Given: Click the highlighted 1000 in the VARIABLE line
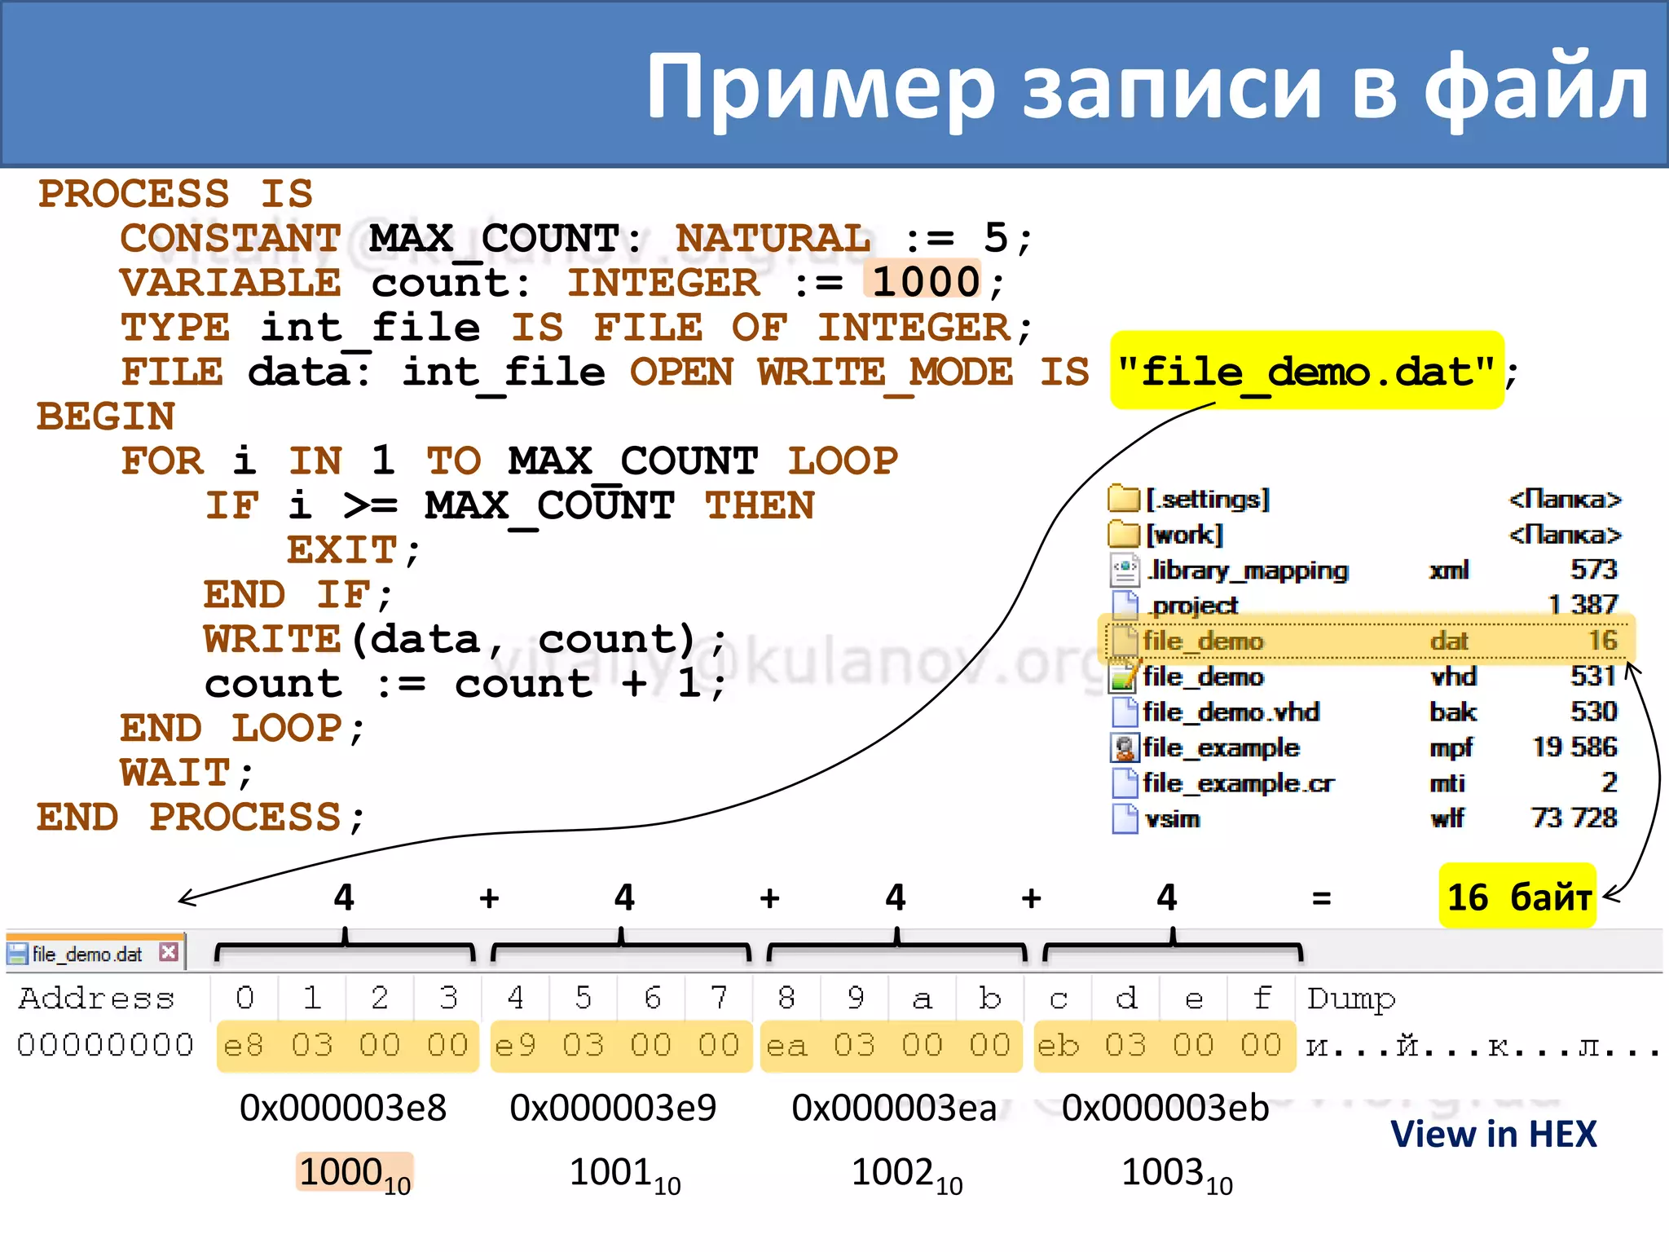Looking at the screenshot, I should click(926, 283).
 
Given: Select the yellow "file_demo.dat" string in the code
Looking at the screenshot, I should click(1306, 372).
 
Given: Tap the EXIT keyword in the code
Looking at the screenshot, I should click(342, 550).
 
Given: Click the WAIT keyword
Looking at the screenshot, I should click(176, 773).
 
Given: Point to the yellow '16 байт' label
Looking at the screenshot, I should click(1517, 897).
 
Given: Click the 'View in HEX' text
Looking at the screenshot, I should click(1493, 1134).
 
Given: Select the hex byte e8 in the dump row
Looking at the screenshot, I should click(244, 1046).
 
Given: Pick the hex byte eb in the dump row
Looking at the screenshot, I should click(1058, 1046).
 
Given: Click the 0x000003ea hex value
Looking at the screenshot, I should click(894, 1108).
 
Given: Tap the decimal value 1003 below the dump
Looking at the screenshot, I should click(1163, 1172).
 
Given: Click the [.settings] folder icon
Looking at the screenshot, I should click(1124, 498).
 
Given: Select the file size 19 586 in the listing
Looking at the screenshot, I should click(1574, 747).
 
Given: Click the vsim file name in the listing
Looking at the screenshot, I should click(1173, 818).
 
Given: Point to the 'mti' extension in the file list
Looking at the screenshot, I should click(1447, 783).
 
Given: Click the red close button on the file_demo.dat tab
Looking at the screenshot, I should click(169, 952).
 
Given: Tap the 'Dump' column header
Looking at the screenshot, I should click(1351, 999).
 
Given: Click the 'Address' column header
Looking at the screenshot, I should click(96, 999).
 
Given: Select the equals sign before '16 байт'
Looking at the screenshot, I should click(1321, 898).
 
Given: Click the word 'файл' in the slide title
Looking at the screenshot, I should click(1536, 86).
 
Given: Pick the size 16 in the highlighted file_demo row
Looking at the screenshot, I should click(1602, 640).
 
